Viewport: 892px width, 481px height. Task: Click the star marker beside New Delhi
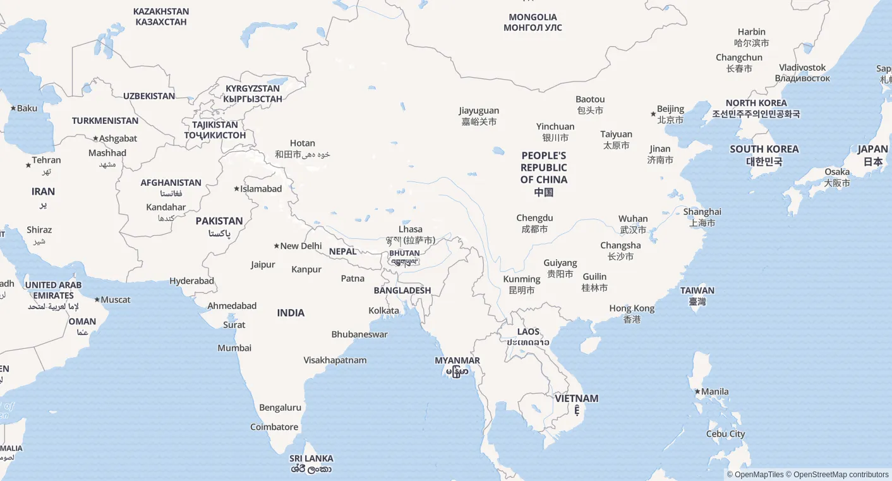[x=276, y=246]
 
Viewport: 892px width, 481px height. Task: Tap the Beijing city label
[x=670, y=114]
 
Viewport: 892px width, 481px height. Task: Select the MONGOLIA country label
[x=533, y=22]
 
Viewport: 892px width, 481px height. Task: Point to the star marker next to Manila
[x=697, y=392]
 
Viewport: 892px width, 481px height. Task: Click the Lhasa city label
[x=411, y=234]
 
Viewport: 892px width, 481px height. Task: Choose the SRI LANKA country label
[x=311, y=463]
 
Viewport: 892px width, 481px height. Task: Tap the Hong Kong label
[x=632, y=314]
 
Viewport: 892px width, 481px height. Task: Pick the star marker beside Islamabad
[x=236, y=189]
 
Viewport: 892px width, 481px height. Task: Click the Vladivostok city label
[x=802, y=73]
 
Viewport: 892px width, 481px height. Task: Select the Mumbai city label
[x=234, y=348]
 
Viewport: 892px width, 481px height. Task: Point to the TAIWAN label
[x=697, y=296]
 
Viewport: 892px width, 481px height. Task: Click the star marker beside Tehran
[x=28, y=165]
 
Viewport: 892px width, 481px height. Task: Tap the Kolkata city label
[x=383, y=311]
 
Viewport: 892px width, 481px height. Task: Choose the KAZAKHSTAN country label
[x=161, y=16]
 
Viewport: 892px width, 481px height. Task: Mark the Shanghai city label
[x=702, y=217]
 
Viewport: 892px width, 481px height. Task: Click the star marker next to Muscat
[x=97, y=300]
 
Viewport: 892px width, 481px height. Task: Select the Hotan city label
[x=302, y=149]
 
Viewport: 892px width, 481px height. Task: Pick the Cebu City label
[x=725, y=434]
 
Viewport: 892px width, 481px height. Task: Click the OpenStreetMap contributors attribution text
[x=841, y=475]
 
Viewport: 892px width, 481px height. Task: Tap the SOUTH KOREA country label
[x=764, y=155]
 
